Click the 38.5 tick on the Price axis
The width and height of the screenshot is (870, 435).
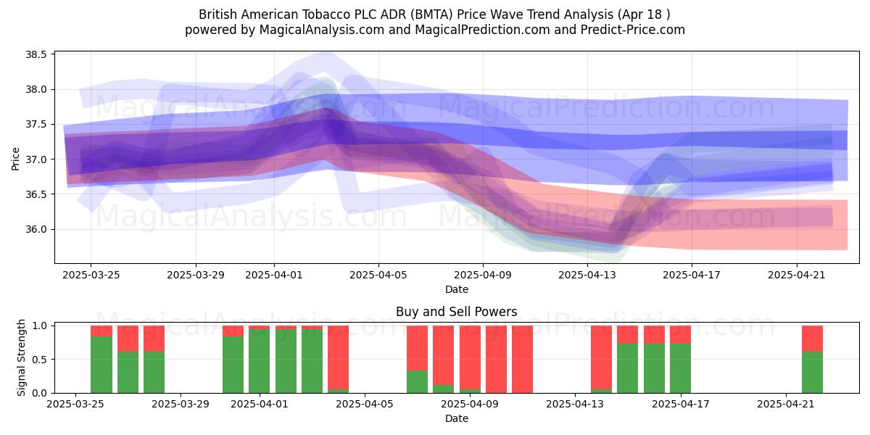click(x=36, y=54)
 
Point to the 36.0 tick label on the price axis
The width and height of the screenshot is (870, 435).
click(x=36, y=229)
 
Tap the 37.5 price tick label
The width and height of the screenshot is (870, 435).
click(x=36, y=124)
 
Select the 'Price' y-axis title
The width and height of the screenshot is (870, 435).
click(x=15, y=159)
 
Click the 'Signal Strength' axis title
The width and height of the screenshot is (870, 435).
click(x=21, y=357)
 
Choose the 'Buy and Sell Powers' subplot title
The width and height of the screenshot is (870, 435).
click(x=456, y=312)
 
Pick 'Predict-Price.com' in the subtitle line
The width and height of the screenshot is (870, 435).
click(x=633, y=30)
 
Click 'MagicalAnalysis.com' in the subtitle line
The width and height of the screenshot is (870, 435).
click(x=322, y=30)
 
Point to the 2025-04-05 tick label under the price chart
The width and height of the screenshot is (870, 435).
click(x=378, y=275)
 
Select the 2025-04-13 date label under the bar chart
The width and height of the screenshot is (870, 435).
click(x=575, y=404)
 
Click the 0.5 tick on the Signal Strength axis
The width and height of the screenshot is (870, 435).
click(x=39, y=360)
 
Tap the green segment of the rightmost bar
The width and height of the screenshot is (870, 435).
click(x=812, y=372)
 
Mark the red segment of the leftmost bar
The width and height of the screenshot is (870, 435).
click(x=101, y=331)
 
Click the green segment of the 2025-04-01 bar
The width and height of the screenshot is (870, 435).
click(x=260, y=361)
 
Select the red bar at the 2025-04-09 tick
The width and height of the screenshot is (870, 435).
click(x=470, y=357)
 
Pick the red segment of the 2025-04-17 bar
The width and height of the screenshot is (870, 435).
click(x=680, y=335)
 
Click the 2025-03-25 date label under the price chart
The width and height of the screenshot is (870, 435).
click(x=91, y=275)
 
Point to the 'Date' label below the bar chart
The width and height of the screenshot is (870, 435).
click(x=456, y=418)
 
